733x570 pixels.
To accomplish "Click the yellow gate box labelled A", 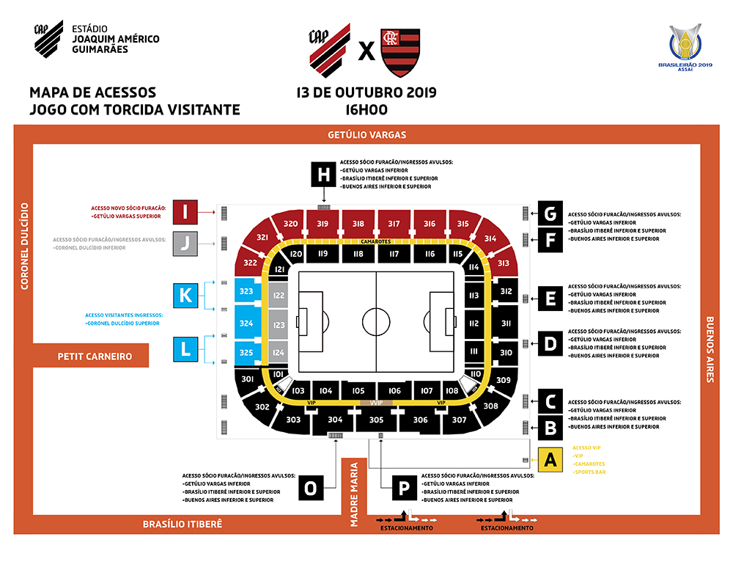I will (x=550, y=460).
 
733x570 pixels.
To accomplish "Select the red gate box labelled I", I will (x=186, y=212).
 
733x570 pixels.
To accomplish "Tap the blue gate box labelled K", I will (x=186, y=296).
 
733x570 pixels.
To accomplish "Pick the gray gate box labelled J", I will (x=186, y=243).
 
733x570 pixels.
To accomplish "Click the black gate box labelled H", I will (x=323, y=175).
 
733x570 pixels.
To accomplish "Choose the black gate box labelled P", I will (x=404, y=487).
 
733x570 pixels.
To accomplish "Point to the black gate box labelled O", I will (x=312, y=488).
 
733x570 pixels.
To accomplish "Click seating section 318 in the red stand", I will (x=358, y=224).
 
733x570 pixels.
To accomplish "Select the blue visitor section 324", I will (x=246, y=323).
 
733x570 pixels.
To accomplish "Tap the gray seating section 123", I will (x=278, y=324).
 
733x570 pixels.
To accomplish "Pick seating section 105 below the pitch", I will (x=358, y=391).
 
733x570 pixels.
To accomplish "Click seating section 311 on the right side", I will (x=506, y=323).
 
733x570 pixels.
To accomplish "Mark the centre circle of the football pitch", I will (x=376, y=321).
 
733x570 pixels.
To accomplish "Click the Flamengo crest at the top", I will (x=399, y=54).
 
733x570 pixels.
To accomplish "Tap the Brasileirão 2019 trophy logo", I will (x=685, y=43).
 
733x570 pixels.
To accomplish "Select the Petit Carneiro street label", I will (x=95, y=357).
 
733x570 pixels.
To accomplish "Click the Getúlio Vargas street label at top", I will (x=366, y=135).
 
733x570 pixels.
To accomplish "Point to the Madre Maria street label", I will (x=355, y=494).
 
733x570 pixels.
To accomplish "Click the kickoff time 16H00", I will (x=366, y=110).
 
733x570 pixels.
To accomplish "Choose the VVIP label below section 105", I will (x=376, y=403).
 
